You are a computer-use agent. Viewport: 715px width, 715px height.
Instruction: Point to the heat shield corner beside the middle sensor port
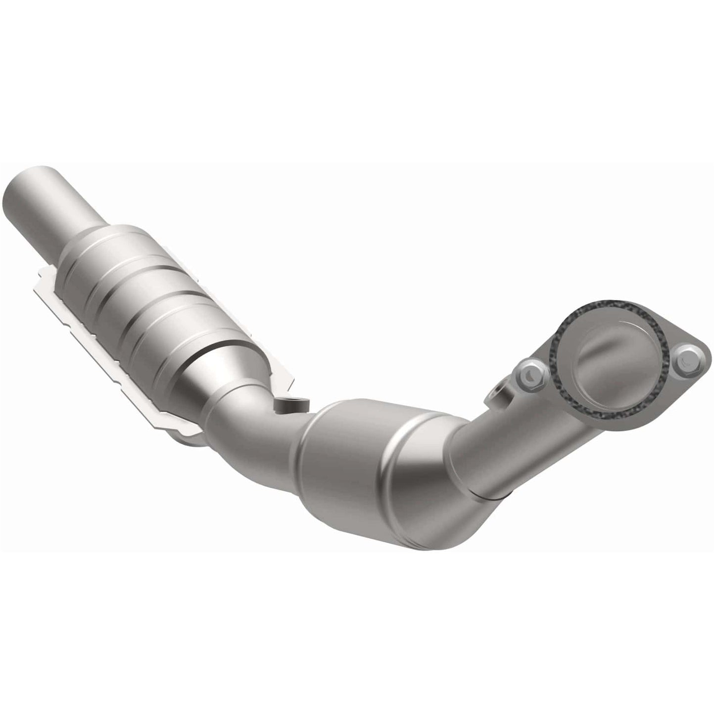(287, 381)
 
